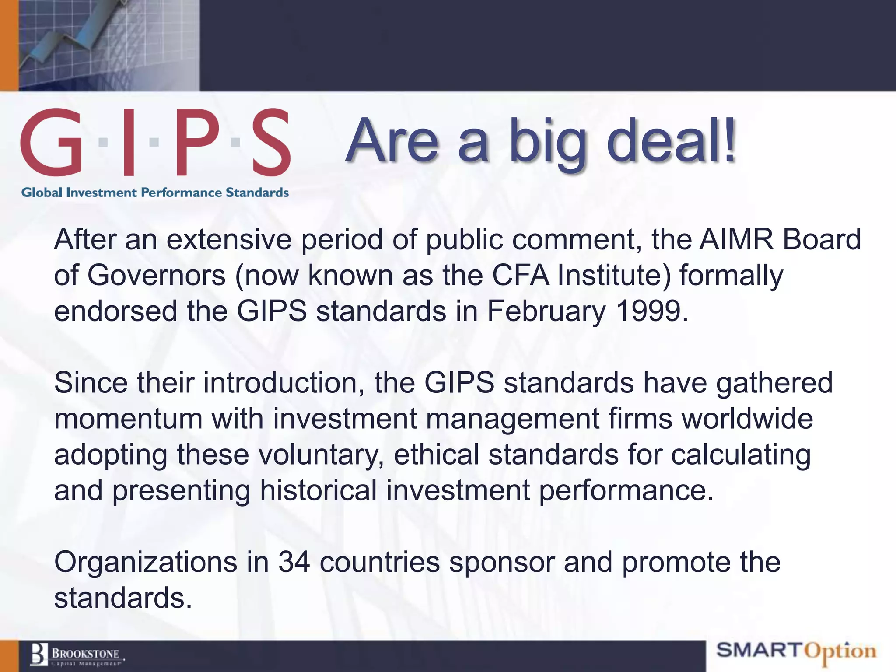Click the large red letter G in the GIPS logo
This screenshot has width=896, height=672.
pyautogui.click(x=52, y=142)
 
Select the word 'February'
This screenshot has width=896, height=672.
pyautogui.click(x=546, y=312)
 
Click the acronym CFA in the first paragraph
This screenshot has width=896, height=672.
pyautogui.click(x=520, y=275)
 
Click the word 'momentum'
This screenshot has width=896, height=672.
pyautogui.click(x=128, y=419)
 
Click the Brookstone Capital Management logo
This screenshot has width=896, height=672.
pyautogui.click(x=77, y=655)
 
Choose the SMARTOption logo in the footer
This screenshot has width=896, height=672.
pyautogui.click(x=796, y=651)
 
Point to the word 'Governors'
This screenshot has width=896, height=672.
pyautogui.click(x=157, y=275)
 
